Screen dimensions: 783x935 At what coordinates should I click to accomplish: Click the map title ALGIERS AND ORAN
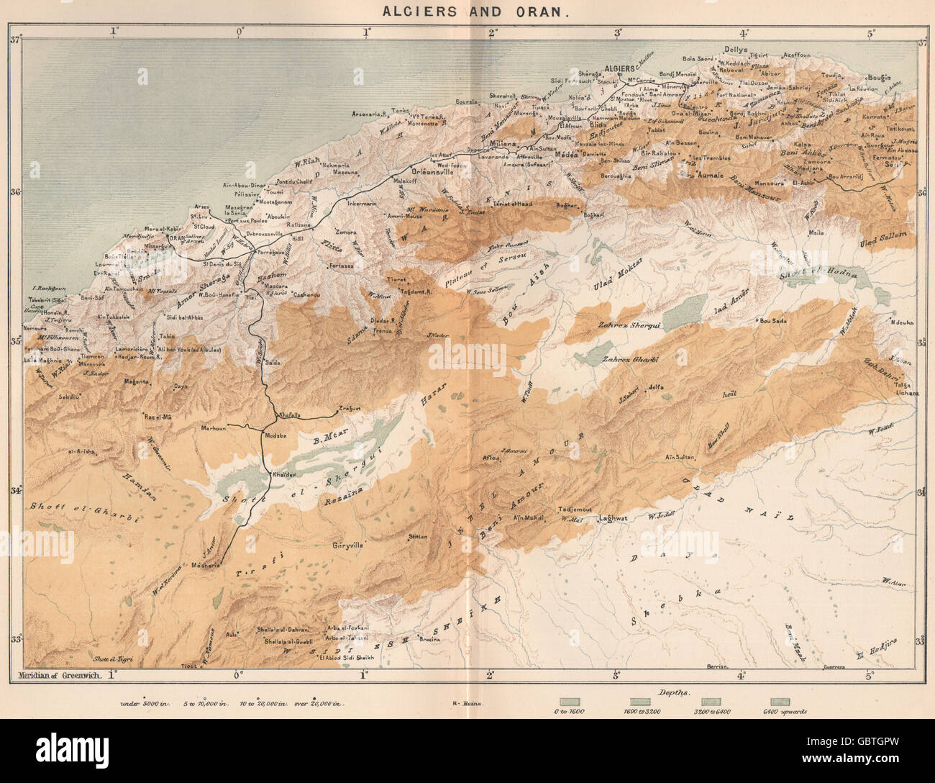pyautogui.click(x=467, y=12)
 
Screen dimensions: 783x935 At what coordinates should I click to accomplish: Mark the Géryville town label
pyautogui.click(x=350, y=546)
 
